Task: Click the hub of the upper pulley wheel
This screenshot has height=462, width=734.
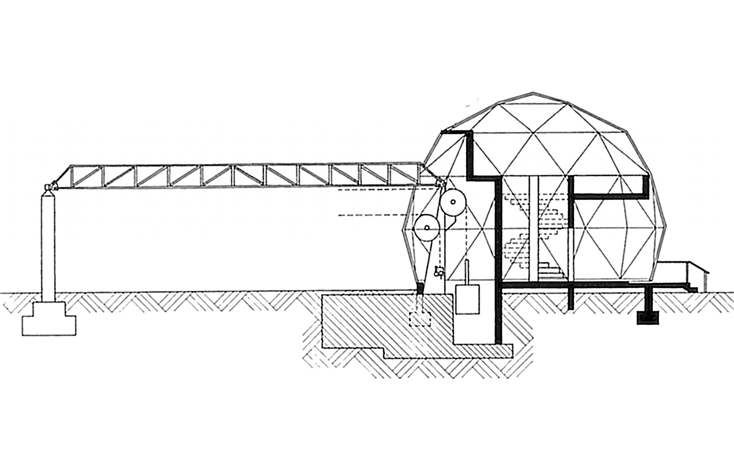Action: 453,202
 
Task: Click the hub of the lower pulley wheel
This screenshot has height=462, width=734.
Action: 426,227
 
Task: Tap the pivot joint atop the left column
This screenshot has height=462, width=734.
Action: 49,187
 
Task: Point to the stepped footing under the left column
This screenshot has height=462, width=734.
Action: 49,319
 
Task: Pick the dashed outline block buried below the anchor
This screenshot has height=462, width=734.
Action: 421,319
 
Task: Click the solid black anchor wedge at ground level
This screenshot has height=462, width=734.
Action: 420,287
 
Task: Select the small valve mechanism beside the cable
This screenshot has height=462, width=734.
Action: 439,273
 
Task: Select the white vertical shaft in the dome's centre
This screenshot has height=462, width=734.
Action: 533,230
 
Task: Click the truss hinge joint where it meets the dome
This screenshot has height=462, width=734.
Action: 440,184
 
